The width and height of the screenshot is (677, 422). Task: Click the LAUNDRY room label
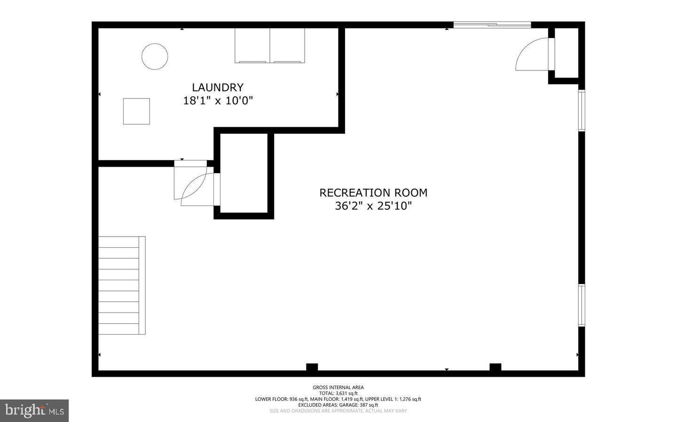(x=218, y=87)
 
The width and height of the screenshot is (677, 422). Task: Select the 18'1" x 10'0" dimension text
(x=218, y=100)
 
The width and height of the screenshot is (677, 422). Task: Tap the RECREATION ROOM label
(x=373, y=192)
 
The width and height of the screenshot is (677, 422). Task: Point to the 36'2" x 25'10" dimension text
(x=373, y=206)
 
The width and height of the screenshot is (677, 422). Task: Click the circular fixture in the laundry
(x=155, y=57)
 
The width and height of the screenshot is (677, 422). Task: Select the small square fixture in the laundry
(x=136, y=111)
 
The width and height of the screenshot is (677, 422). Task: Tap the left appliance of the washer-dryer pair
(x=252, y=46)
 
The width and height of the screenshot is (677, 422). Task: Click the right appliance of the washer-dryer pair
(x=287, y=46)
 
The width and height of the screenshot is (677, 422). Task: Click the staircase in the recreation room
(x=121, y=285)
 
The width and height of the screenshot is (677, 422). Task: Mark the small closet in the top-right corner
(x=567, y=53)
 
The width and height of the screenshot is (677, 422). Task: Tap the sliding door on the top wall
(x=492, y=25)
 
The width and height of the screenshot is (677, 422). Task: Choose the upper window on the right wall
(x=582, y=110)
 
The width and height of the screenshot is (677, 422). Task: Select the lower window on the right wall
(x=582, y=305)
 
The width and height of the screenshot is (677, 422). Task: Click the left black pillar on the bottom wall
(x=312, y=368)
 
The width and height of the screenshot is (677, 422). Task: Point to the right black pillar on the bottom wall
(x=495, y=368)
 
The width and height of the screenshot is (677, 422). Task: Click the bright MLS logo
(x=34, y=410)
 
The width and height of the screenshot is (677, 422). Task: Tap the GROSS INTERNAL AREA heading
(x=338, y=387)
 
